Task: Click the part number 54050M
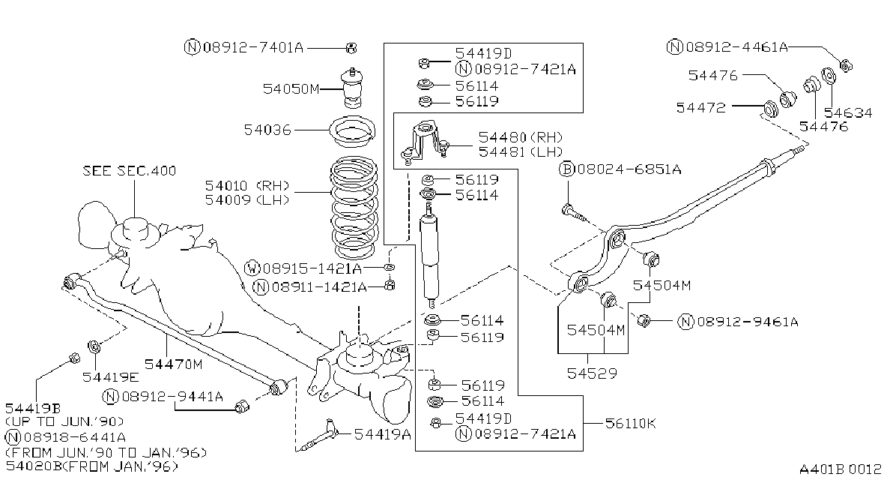click(291, 88)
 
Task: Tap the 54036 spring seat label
click(267, 130)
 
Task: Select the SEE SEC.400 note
click(129, 170)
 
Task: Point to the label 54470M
click(173, 364)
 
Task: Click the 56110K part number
click(630, 424)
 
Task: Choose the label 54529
click(592, 373)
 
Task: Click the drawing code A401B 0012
click(840, 469)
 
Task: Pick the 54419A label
click(382, 434)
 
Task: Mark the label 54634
click(848, 112)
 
